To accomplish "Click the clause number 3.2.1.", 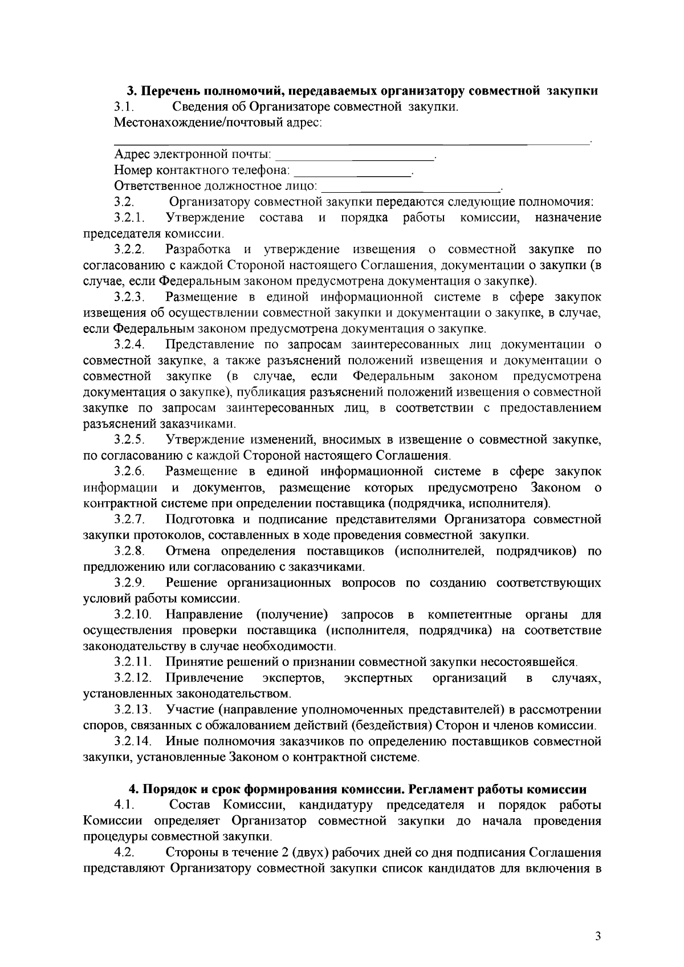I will [x=129, y=218].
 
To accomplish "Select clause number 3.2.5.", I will [x=129, y=440].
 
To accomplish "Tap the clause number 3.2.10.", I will [x=132, y=615].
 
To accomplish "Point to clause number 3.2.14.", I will [x=132, y=742].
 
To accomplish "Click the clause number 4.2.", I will [x=124, y=853].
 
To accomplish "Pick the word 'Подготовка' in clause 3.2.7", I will [x=198, y=519].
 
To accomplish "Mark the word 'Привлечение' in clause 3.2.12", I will [x=205, y=678].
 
